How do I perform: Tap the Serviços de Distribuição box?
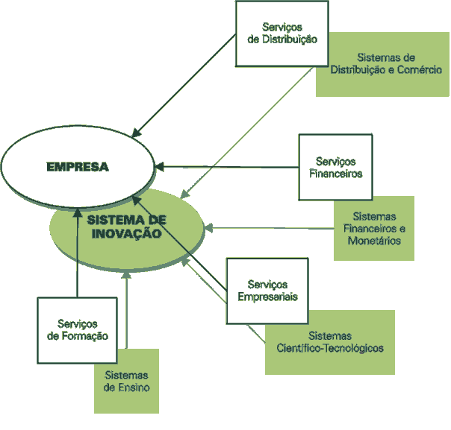(x=282, y=34)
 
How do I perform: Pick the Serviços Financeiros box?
(x=335, y=167)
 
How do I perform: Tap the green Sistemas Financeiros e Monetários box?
(x=373, y=228)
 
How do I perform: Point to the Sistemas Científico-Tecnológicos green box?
(x=329, y=342)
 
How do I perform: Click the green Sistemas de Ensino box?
(x=126, y=381)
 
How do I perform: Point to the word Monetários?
(x=373, y=241)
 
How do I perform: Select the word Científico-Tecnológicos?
(x=329, y=348)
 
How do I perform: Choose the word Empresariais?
(x=267, y=297)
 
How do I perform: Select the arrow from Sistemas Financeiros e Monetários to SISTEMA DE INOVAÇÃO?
(x=269, y=227)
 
